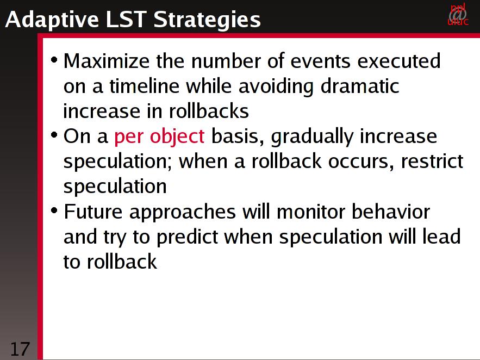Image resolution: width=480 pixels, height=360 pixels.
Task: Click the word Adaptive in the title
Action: coord(52,20)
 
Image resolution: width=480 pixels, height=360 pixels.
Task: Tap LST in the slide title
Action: coord(126,19)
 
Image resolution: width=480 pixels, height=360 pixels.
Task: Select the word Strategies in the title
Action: coord(207,20)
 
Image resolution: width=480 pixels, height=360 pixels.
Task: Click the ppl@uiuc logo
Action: coord(458,14)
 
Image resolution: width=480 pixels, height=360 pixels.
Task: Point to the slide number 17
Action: coord(20,349)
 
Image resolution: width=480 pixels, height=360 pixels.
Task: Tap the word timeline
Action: coord(144,86)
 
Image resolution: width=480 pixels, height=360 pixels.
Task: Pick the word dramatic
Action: coord(360,86)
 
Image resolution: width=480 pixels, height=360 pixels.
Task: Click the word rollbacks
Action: coord(209,111)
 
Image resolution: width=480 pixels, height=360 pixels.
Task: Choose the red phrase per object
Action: coord(159,136)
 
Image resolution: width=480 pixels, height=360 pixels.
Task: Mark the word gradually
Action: coord(312,137)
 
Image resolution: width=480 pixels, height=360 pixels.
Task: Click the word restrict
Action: coord(432,161)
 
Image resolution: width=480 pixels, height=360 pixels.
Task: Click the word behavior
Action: coord(391,212)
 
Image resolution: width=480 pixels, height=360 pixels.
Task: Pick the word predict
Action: coord(188,237)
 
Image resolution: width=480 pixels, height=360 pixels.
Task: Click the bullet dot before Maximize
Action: coord(54,59)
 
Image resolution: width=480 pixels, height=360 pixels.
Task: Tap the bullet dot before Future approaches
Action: coord(54,210)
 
